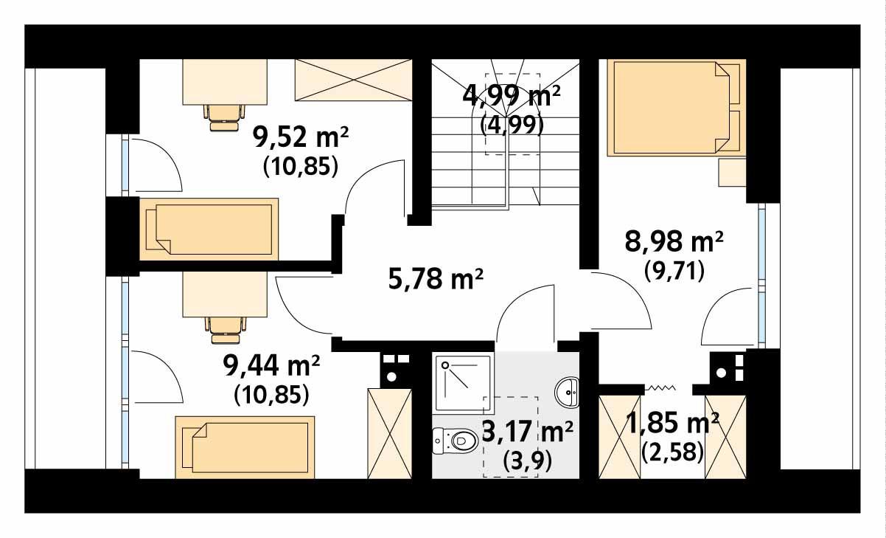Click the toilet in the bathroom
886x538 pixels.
click(456, 441)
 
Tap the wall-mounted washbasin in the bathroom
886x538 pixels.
click(567, 393)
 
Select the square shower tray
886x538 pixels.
click(463, 383)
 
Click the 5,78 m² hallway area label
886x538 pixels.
click(436, 279)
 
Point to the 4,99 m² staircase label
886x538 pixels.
click(512, 96)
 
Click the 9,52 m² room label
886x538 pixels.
click(301, 137)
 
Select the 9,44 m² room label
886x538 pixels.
click(271, 365)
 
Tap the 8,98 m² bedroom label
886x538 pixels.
click(674, 241)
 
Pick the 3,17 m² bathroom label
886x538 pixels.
click(528, 432)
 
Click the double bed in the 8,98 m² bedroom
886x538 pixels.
click(677, 107)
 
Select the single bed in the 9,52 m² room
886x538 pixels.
click(209, 230)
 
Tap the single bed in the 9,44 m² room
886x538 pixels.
click(245, 447)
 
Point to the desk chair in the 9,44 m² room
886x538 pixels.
click(225, 330)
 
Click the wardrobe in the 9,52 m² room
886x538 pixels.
click(353, 80)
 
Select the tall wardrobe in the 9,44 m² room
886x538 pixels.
click(390, 433)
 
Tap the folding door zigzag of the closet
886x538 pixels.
click(660, 388)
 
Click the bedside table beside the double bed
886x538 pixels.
click(732, 172)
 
